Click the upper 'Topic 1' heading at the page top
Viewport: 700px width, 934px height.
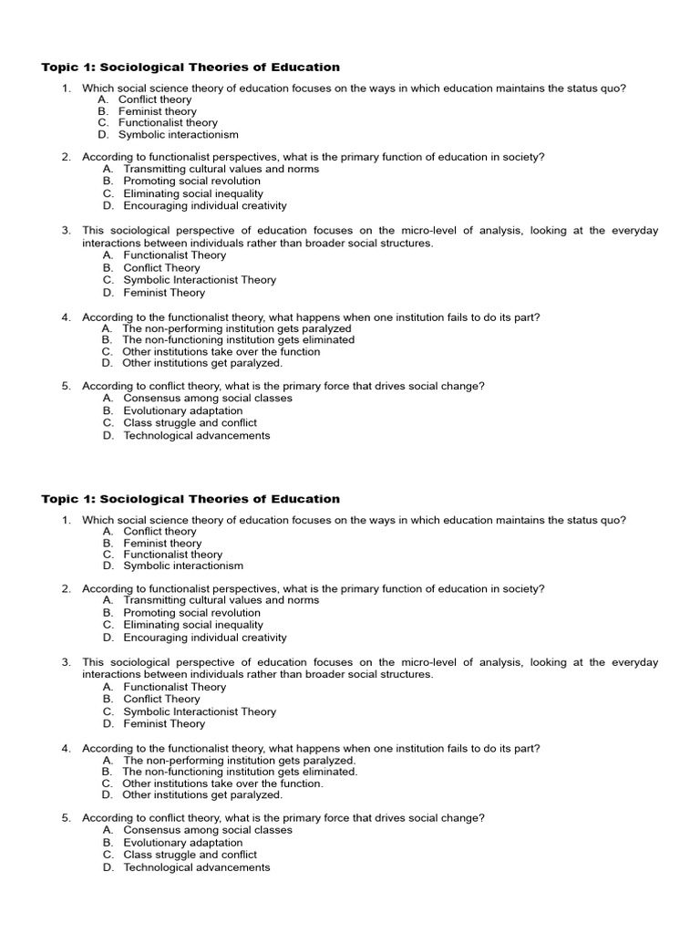190,67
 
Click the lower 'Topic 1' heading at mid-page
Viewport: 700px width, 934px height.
190,499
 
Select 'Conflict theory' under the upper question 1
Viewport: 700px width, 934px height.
157,99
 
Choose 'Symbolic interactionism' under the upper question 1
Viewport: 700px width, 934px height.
179,134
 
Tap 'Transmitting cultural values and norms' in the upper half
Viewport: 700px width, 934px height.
221,169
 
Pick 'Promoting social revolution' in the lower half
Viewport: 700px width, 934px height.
191,613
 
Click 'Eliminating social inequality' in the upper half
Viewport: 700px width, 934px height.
193,193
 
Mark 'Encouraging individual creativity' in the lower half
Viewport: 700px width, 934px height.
204,638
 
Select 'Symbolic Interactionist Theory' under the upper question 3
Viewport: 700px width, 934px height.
200,280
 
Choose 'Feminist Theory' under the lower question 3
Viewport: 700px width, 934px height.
164,723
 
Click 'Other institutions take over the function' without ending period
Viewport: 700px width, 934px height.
221,351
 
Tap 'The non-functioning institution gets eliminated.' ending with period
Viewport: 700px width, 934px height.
240,772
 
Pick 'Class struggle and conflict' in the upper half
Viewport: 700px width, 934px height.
190,423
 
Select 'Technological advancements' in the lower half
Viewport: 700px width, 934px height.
196,867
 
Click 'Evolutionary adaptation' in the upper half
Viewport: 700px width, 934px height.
182,410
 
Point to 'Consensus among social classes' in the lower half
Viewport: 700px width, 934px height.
208,830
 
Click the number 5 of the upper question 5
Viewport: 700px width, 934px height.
66,386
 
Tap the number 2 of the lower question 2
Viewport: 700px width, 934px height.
66,588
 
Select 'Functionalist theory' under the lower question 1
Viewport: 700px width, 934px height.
172,555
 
